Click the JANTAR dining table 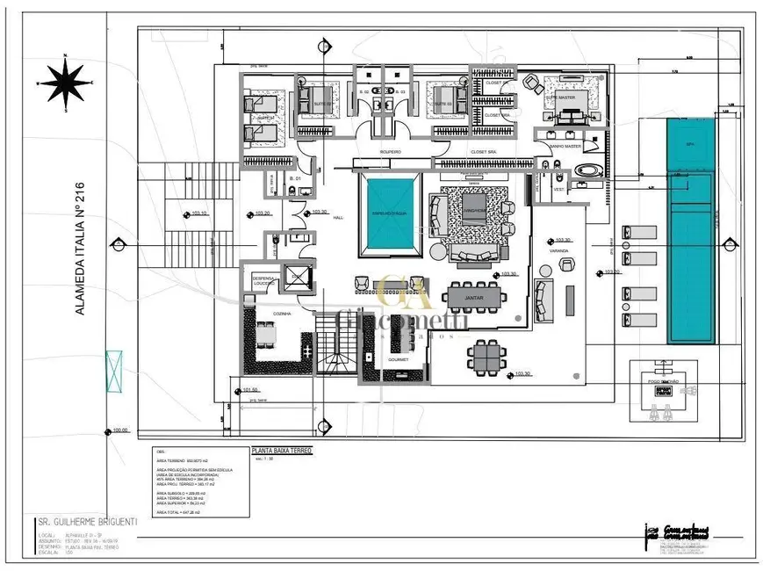474,298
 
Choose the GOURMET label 396,359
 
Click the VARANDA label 560,251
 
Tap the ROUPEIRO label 390,151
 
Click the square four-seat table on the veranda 486,355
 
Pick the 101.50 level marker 248,391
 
